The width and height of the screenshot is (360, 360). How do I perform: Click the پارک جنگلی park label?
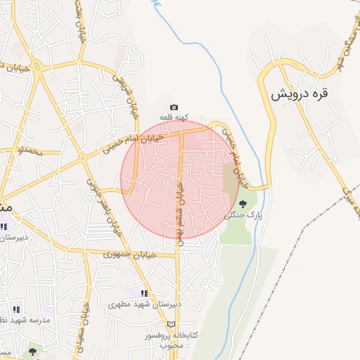pyautogui.click(x=243, y=216)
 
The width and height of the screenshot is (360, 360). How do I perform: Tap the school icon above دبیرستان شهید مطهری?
pyautogui.click(x=144, y=293)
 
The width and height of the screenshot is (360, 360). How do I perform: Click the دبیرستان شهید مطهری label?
pyautogui.click(x=144, y=305)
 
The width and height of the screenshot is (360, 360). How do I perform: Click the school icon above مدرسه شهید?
pyautogui.click(x=16, y=309)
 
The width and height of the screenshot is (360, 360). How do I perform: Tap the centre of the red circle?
pyautogui.click(x=180, y=179)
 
